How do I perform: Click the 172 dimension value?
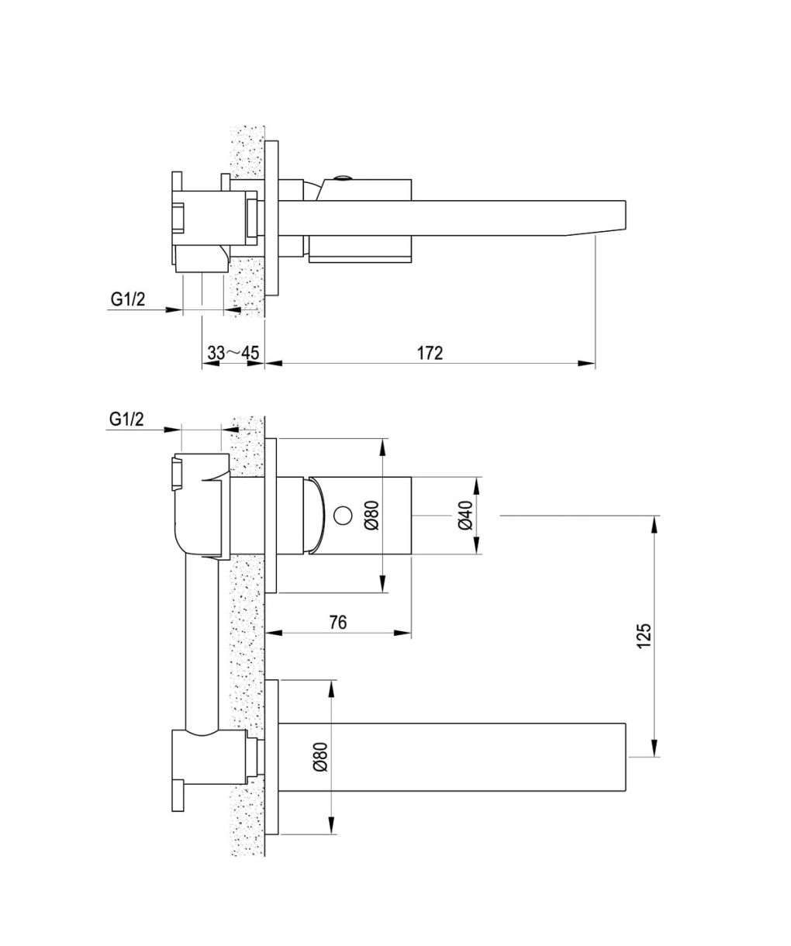[430, 353]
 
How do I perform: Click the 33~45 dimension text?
[233, 353]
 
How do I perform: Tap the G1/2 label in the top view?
[128, 299]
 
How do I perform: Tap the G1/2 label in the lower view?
[126, 419]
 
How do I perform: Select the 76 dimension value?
[338, 623]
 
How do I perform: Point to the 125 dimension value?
[644, 636]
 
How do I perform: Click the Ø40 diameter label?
[465, 515]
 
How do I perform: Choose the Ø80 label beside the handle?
[371, 515]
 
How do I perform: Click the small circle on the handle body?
[343, 516]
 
